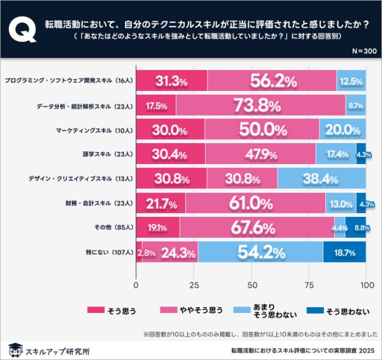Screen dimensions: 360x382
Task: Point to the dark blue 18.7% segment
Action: pos(345,252)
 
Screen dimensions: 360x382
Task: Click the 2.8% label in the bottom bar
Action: pos(146,253)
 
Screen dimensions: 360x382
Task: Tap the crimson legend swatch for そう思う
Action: pos(95,311)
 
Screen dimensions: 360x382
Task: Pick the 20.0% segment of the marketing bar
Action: pos(343,130)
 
